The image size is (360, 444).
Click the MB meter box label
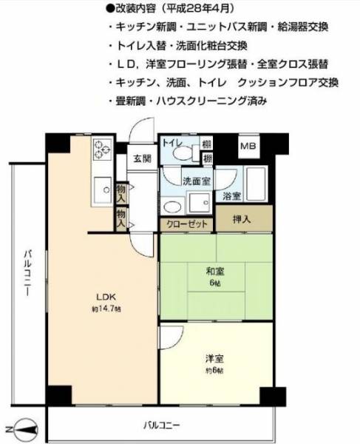point(248,146)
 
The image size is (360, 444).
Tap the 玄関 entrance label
point(142,158)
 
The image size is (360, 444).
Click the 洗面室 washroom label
point(196,181)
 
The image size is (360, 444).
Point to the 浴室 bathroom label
point(231,196)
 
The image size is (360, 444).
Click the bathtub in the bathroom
point(256,184)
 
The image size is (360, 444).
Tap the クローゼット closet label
point(186,224)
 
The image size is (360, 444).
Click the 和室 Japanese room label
point(215,272)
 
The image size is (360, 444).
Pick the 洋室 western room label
point(215,359)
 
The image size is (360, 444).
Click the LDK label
point(106,297)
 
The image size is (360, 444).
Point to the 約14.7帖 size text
point(106,309)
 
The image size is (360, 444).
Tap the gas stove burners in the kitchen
point(103,149)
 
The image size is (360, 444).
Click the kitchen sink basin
point(103,189)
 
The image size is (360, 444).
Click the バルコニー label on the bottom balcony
point(161,425)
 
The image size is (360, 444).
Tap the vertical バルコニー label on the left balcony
point(27,273)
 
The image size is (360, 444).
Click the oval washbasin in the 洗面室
point(172,206)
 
